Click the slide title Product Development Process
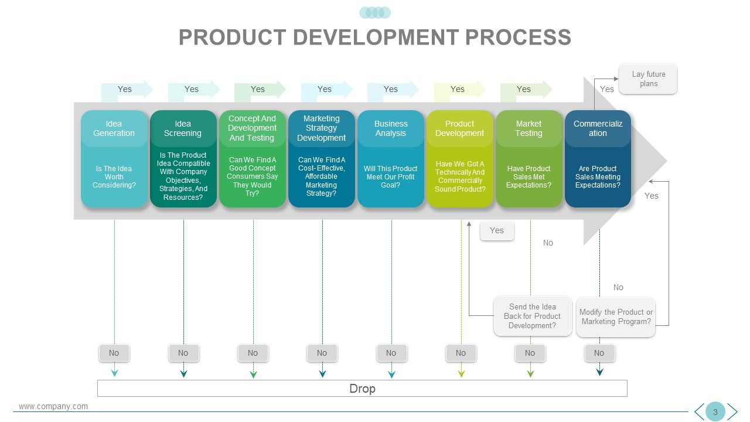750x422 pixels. [375, 37]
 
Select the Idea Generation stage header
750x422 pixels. [114, 128]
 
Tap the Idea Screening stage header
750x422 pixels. [183, 128]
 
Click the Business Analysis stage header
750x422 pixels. [391, 128]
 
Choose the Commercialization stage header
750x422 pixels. [598, 128]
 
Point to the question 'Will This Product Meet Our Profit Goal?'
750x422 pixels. [391, 176]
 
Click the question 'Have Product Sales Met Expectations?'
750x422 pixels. [529, 176]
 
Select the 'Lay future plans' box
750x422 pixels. [648, 79]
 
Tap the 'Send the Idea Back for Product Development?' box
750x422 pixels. [532, 316]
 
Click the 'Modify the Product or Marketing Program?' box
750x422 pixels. [616, 316]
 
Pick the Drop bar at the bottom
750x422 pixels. [362, 388]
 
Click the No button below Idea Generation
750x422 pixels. [114, 353]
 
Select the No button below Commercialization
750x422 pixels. [599, 353]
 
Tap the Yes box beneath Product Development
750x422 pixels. [496, 231]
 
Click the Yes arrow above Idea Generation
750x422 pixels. [126, 90]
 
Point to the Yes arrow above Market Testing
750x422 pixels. [525, 90]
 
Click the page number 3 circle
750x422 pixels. [715, 411]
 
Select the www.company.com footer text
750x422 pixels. [53, 406]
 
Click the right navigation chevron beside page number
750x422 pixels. [732, 411]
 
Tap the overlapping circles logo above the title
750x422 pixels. [375, 13]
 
